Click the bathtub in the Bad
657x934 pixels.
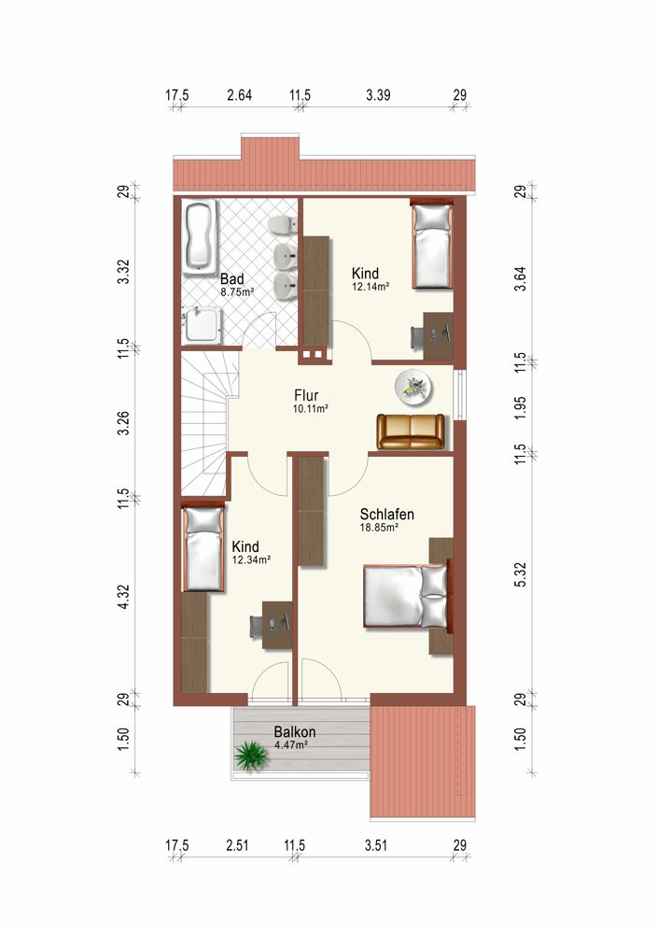click(199, 237)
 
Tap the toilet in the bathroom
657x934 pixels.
click(282, 224)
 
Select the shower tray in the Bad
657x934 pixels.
click(202, 325)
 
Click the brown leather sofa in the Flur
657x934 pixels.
click(411, 432)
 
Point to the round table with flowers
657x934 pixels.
click(413, 388)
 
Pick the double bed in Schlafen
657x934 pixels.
click(407, 597)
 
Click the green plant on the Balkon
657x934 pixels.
click(250, 756)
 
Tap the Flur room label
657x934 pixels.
click(306, 395)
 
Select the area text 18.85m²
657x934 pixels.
click(379, 527)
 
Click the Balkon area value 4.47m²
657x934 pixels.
click(291, 744)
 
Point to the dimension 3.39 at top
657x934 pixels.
click(379, 94)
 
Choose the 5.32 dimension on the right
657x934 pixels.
click(520, 574)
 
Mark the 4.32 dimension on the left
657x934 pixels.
click(123, 596)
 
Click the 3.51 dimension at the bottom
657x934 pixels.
click(376, 845)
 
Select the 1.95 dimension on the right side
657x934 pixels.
click(520, 408)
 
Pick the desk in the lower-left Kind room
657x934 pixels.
click(277, 624)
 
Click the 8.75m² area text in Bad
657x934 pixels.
click(237, 292)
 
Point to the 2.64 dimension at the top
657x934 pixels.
click(239, 94)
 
